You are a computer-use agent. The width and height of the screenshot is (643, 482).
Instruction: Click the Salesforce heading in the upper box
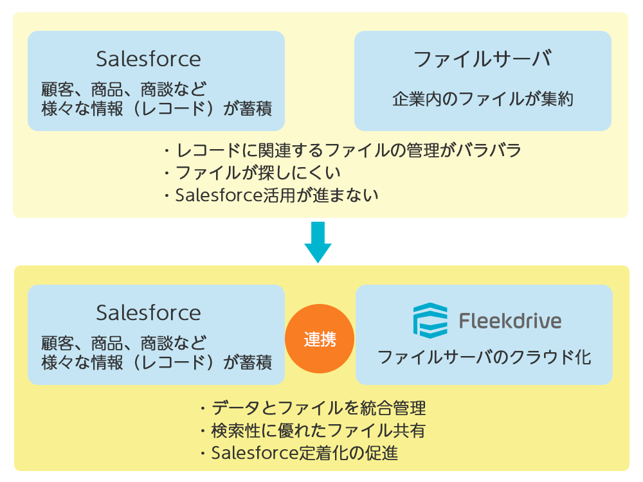[x=149, y=59]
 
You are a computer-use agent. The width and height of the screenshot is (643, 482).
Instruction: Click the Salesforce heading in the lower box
[x=149, y=313]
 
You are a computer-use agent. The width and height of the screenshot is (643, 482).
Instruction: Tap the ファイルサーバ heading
[x=483, y=59]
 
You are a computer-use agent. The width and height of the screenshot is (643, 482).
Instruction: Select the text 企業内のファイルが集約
[x=483, y=99]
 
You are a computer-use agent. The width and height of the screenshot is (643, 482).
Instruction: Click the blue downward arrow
[x=318, y=242]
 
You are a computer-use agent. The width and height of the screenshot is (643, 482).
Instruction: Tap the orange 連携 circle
[x=320, y=339]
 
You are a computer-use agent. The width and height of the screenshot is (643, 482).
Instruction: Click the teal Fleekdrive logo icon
[x=430, y=321]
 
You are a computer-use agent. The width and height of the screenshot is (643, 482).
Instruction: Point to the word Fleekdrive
[x=510, y=321]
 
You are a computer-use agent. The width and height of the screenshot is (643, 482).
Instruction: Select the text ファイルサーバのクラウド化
[x=484, y=357]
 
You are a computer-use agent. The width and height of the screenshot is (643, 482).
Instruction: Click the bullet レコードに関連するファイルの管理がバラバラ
[x=343, y=150]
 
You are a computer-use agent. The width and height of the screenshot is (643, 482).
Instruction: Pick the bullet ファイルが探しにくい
[x=252, y=172]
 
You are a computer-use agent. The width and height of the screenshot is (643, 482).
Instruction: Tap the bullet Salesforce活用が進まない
[x=271, y=195]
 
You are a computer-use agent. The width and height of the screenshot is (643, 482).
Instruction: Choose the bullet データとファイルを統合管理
[x=313, y=408]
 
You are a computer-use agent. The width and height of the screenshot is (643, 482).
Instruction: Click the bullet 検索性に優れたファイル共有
[x=312, y=431]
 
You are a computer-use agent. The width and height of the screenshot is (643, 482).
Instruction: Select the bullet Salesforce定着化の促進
[x=299, y=453]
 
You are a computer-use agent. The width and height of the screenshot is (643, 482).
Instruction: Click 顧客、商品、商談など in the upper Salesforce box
[x=123, y=89]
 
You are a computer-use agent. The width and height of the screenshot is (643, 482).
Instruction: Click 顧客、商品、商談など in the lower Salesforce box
[x=123, y=343]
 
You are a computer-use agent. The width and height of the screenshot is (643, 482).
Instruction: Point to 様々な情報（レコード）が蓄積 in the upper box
[x=157, y=109]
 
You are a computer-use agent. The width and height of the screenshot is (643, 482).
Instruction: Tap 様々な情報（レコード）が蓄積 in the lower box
[x=157, y=362]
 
